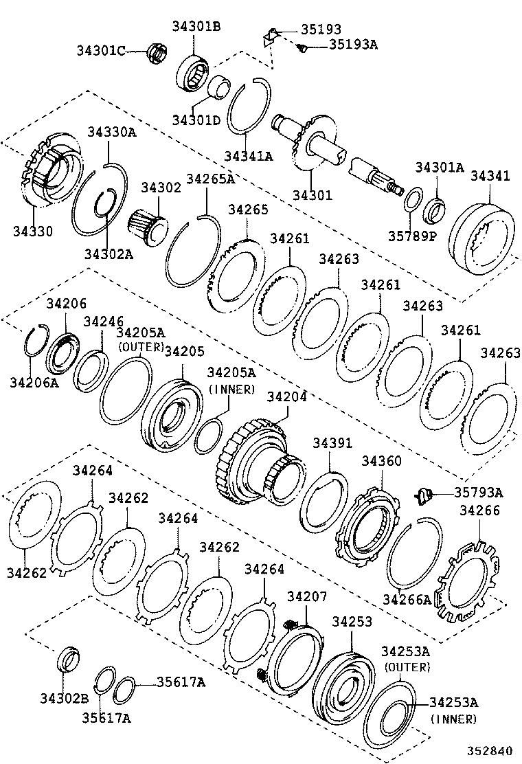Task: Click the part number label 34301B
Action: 196,27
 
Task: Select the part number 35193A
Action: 353,45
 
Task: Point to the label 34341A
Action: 248,156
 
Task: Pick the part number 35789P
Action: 412,235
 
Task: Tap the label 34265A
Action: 210,179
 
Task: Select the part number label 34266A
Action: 407,599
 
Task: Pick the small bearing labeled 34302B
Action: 67,659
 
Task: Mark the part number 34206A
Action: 34,382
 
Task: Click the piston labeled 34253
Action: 342,684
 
